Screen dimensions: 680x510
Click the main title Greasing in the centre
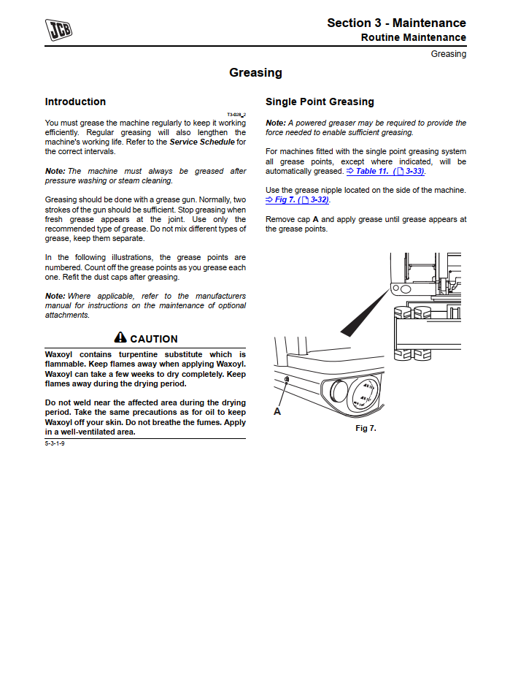[255, 72]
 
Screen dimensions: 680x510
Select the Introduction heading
[75, 102]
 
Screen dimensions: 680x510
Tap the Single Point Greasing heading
[320, 102]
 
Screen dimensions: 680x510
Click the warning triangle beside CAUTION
[120, 338]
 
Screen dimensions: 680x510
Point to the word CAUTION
[154, 339]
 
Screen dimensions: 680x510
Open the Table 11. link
[371, 171]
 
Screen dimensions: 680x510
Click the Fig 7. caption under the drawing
[366, 428]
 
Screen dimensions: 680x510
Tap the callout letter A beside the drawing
[277, 412]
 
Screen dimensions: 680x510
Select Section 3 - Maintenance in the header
[396, 23]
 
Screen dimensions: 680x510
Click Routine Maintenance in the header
[413, 37]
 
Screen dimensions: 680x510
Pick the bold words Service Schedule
[202, 142]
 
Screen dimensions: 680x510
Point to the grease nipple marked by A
[287, 380]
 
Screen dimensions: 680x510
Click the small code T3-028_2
[236, 115]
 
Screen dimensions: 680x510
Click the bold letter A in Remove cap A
[316, 219]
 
